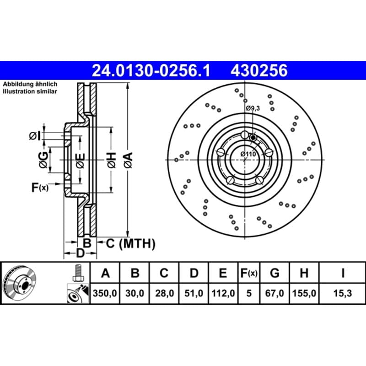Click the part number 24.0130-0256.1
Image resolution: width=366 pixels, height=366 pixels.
tap(151, 71)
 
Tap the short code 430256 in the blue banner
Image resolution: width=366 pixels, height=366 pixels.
tap(259, 71)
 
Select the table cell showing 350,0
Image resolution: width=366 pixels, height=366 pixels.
tap(105, 293)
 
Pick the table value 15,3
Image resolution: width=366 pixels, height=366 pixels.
tap(342, 293)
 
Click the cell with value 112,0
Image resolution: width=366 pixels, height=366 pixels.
tap(223, 293)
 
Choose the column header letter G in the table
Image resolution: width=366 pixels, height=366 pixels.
tap(274, 273)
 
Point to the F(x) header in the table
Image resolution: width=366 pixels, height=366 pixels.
tap(249, 273)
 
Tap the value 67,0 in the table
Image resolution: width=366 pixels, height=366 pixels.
tap(274, 293)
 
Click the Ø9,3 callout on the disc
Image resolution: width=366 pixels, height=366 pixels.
tap(253, 108)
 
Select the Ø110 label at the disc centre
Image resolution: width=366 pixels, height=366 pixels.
tap(248, 154)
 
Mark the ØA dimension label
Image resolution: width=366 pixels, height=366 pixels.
tap(128, 160)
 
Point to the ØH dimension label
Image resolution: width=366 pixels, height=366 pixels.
tap(112, 160)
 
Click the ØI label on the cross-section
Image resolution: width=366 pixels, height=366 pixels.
tap(35, 136)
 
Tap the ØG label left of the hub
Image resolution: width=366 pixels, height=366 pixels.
tap(43, 160)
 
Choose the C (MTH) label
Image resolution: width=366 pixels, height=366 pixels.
tap(130, 244)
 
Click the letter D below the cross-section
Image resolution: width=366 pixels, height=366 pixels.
tap(80, 253)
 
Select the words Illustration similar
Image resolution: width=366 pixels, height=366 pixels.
tap(30, 91)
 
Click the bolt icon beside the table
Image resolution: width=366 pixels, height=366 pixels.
tap(78, 273)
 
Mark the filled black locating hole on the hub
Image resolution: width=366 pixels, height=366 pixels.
tap(253, 138)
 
